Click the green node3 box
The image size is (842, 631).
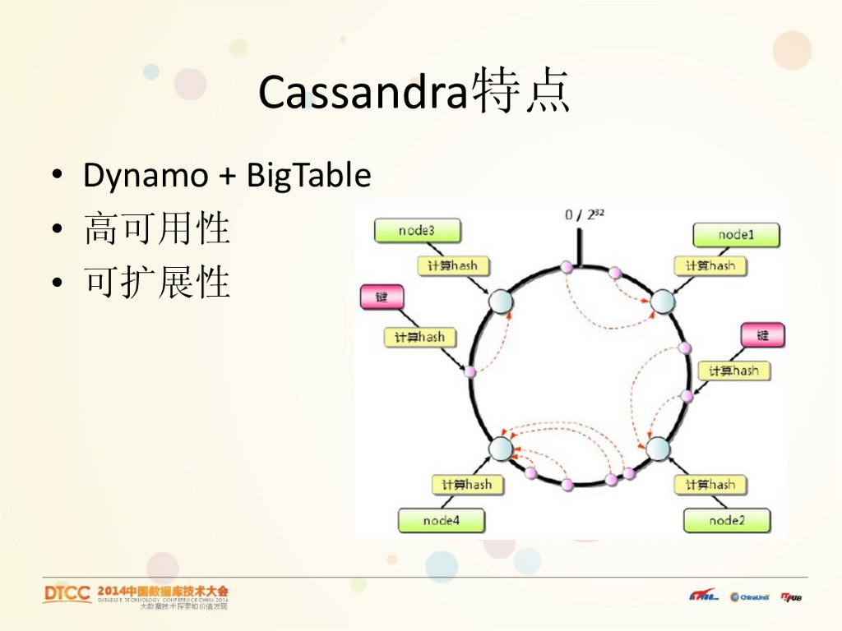click(417, 231)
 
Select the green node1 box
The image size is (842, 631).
click(736, 235)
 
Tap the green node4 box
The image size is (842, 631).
click(441, 520)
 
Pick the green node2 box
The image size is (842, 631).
click(727, 520)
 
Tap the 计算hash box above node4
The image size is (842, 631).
click(466, 485)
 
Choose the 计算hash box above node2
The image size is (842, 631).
click(710, 485)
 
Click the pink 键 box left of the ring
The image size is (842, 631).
click(382, 297)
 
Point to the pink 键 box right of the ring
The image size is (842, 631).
click(763, 335)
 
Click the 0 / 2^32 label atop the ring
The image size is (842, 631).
click(585, 215)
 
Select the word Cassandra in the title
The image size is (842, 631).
click(363, 93)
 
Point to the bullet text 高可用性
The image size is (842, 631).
click(157, 229)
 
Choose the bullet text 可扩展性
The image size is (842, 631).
click(157, 283)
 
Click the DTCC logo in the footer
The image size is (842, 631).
click(67, 594)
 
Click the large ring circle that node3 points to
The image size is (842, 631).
click(501, 302)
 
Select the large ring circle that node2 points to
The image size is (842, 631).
click(658, 449)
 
